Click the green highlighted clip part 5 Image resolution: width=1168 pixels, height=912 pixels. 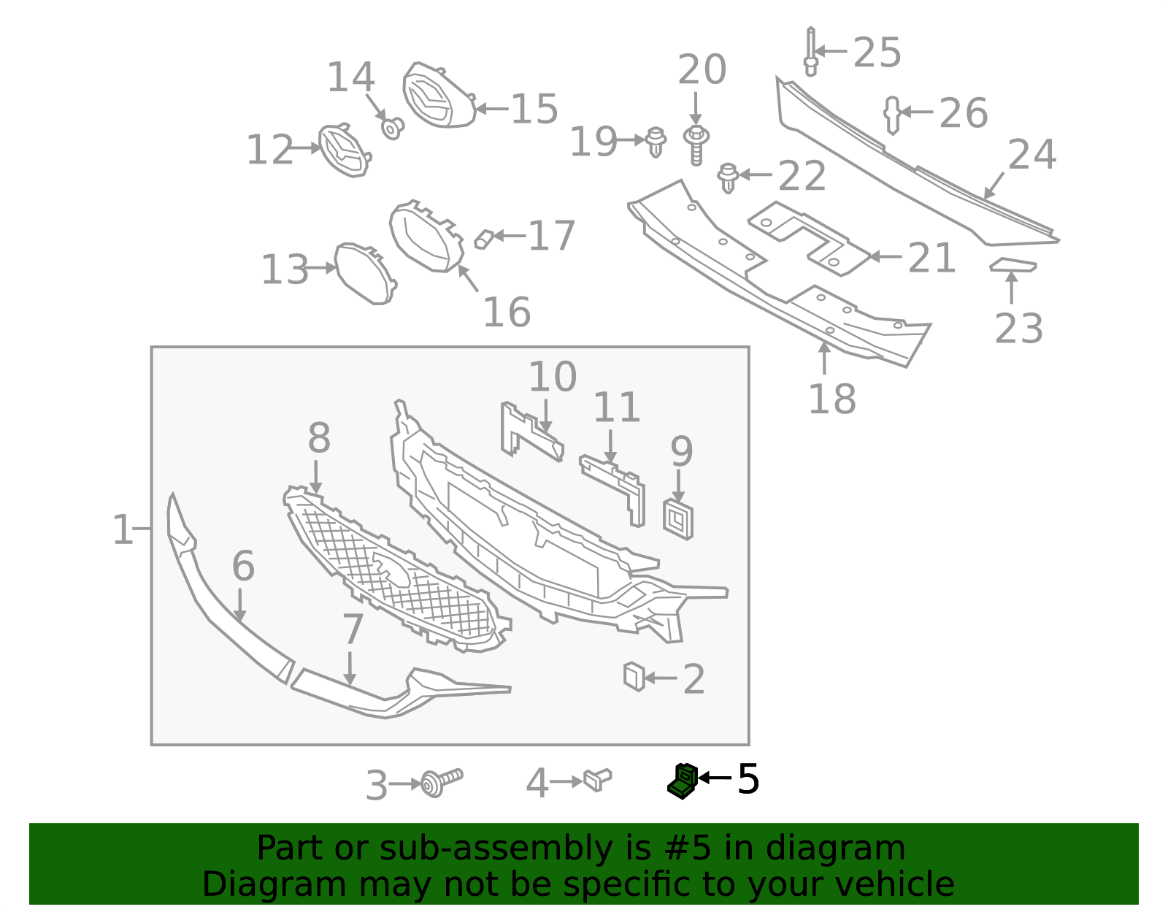683,781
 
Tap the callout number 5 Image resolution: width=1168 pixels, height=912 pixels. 748,779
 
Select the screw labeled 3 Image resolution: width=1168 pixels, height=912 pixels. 441,782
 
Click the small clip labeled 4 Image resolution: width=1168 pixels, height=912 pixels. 597,780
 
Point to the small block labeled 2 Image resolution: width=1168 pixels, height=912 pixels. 634,676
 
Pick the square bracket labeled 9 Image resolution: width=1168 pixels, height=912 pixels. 678,519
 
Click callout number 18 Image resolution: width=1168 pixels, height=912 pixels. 831,399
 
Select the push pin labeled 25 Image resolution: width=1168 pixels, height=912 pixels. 810,52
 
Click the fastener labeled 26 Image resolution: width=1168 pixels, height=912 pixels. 892,115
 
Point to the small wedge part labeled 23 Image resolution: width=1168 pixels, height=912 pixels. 1013,265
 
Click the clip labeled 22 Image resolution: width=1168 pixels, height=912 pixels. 727,177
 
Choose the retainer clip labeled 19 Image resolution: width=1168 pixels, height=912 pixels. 656,141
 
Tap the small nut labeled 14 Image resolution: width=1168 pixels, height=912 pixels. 393,129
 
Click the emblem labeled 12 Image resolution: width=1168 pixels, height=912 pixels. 345,150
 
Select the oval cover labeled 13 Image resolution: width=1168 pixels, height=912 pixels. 364,272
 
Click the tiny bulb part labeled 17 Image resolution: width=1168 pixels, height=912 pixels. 483,239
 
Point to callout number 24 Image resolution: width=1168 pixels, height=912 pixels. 1031,155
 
